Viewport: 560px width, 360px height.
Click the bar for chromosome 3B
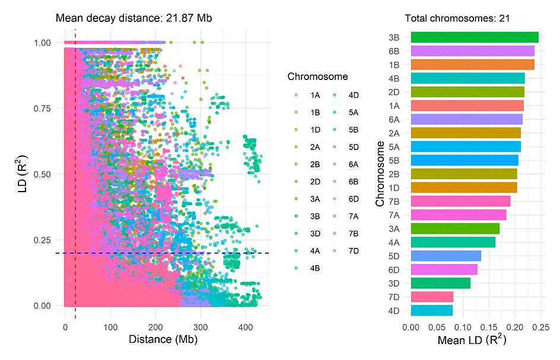474,37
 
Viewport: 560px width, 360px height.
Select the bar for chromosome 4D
431,310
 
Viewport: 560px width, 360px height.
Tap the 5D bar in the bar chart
446,256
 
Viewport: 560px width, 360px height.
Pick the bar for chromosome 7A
458,215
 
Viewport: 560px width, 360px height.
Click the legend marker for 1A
297,95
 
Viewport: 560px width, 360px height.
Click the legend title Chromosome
317,77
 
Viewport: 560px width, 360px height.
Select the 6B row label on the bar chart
393,51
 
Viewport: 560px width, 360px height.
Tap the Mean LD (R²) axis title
472,341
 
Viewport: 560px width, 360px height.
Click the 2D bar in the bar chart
467,92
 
